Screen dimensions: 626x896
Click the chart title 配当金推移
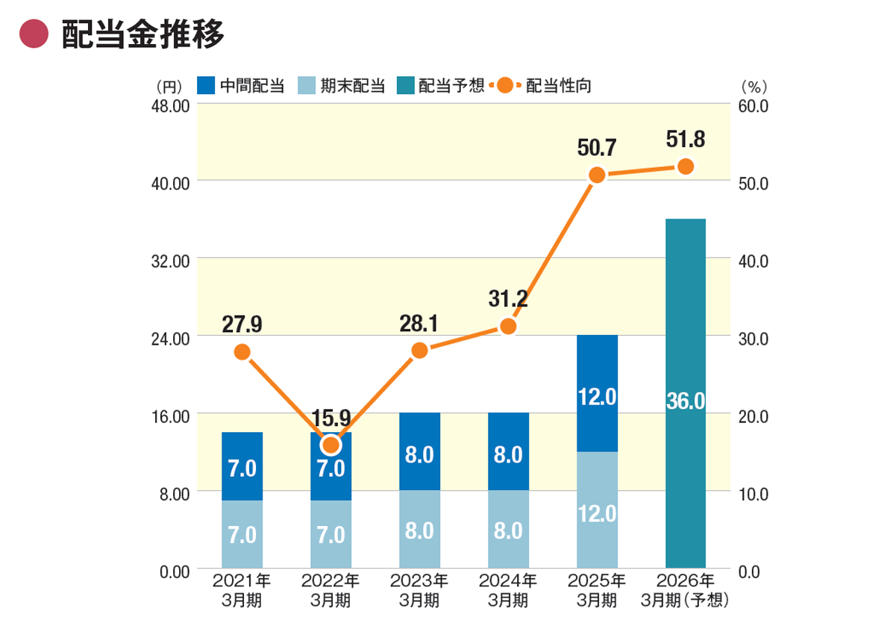click(x=142, y=34)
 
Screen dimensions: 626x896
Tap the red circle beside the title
click(x=34, y=34)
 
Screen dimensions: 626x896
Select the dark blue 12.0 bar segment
click(x=597, y=394)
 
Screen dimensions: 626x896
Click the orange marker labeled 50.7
click(x=597, y=175)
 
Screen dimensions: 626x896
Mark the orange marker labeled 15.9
click(x=330, y=445)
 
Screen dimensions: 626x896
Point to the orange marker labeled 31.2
click(x=508, y=326)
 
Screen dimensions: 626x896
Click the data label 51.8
click(x=685, y=140)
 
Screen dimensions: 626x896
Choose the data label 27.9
click(x=242, y=325)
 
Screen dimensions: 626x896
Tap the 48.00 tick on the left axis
click(x=169, y=105)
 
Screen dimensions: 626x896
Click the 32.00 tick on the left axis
click(x=169, y=260)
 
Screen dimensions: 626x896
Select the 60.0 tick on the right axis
click(x=753, y=105)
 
